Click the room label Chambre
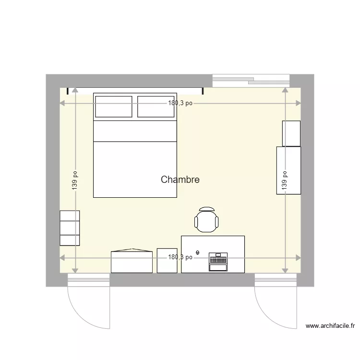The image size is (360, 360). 180,180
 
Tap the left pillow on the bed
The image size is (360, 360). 114,107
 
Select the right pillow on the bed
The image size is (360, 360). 156,107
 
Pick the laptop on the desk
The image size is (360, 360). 217,263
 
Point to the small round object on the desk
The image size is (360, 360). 198,252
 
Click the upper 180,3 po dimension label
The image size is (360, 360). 180,103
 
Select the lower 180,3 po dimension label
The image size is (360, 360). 180,257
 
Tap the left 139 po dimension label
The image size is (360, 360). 75,180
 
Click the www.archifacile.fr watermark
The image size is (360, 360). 330,326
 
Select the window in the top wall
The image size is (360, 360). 251,80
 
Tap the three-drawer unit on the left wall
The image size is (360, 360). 70,228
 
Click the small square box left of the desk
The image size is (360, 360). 167,261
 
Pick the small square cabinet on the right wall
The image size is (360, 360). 291,133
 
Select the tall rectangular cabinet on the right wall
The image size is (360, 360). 288,170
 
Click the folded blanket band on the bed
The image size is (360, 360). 135,131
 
